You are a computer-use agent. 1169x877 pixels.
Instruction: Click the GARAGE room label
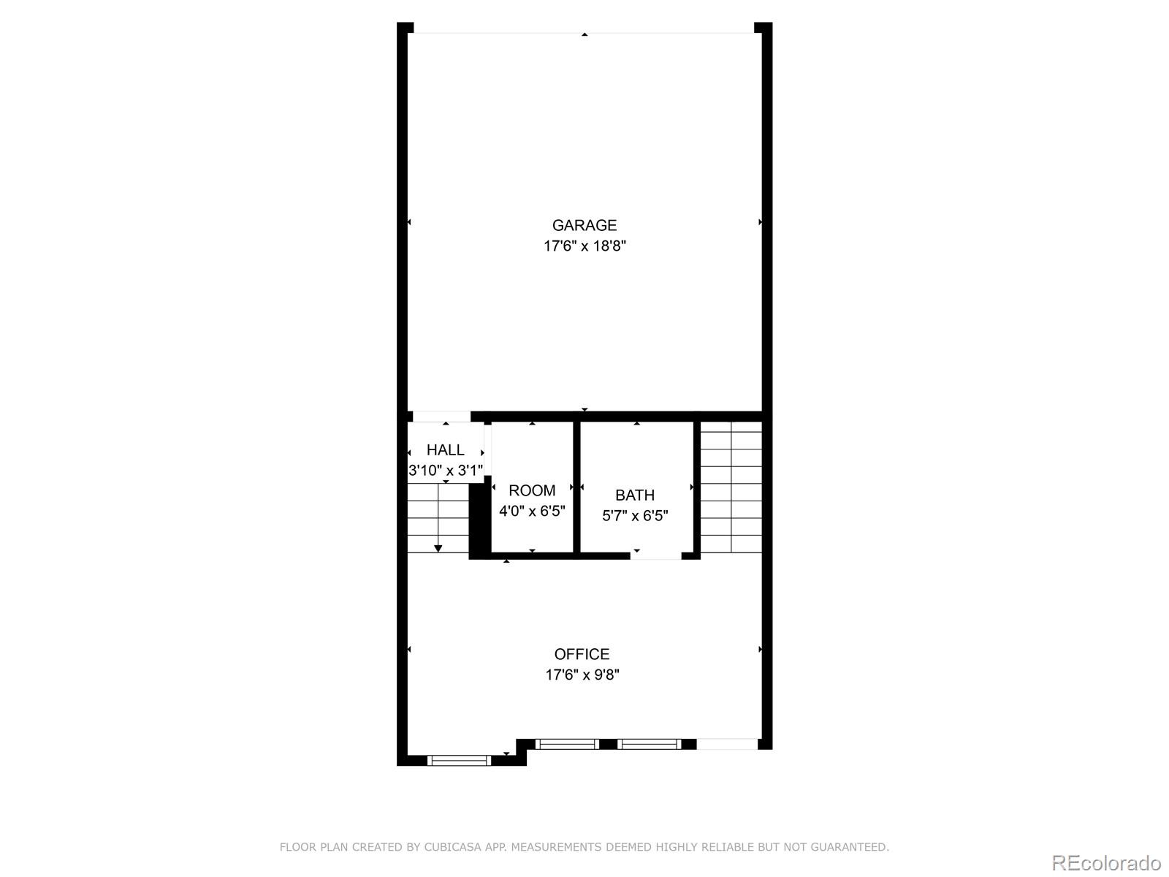(x=584, y=225)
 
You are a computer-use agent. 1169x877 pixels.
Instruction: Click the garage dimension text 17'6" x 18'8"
(x=584, y=246)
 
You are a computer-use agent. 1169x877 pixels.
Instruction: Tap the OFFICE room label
(x=582, y=654)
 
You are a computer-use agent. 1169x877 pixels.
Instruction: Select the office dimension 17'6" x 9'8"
(x=582, y=675)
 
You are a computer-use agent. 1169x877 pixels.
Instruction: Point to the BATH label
(x=634, y=495)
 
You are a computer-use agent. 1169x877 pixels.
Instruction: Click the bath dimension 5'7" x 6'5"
(x=634, y=516)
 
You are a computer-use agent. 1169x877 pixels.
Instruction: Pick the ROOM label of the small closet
(x=531, y=490)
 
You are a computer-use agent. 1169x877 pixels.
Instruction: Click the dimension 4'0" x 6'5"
(x=531, y=511)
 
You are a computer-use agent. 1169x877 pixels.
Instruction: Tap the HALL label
(x=445, y=449)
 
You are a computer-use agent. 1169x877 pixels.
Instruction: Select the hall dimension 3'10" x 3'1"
(x=445, y=470)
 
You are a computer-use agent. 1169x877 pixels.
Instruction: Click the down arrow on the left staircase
(x=438, y=547)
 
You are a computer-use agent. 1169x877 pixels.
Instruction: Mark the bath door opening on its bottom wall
(x=655, y=555)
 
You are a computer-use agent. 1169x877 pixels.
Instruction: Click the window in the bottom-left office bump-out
(x=459, y=761)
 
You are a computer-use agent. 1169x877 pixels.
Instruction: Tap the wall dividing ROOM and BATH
(x=576, y=486)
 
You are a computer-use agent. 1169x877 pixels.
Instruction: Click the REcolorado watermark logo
(x=1106, y=862)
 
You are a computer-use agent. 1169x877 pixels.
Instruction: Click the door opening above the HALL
(x=441, y=417)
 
